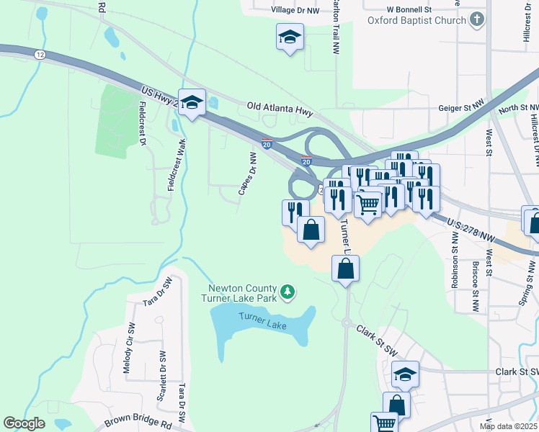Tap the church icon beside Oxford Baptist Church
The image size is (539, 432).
[x=477, y=20]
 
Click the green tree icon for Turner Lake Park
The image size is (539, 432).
[x=288, y=292]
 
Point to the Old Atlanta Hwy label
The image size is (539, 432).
[x=280, y=105]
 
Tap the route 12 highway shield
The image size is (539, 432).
[x=39, y=54]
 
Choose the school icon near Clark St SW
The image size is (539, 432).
[x=405, y=373]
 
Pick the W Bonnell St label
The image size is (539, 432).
[x=408, y=9]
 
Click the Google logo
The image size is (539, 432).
[x=24, y=423]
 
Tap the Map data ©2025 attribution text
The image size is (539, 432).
[x=508, y=426]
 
